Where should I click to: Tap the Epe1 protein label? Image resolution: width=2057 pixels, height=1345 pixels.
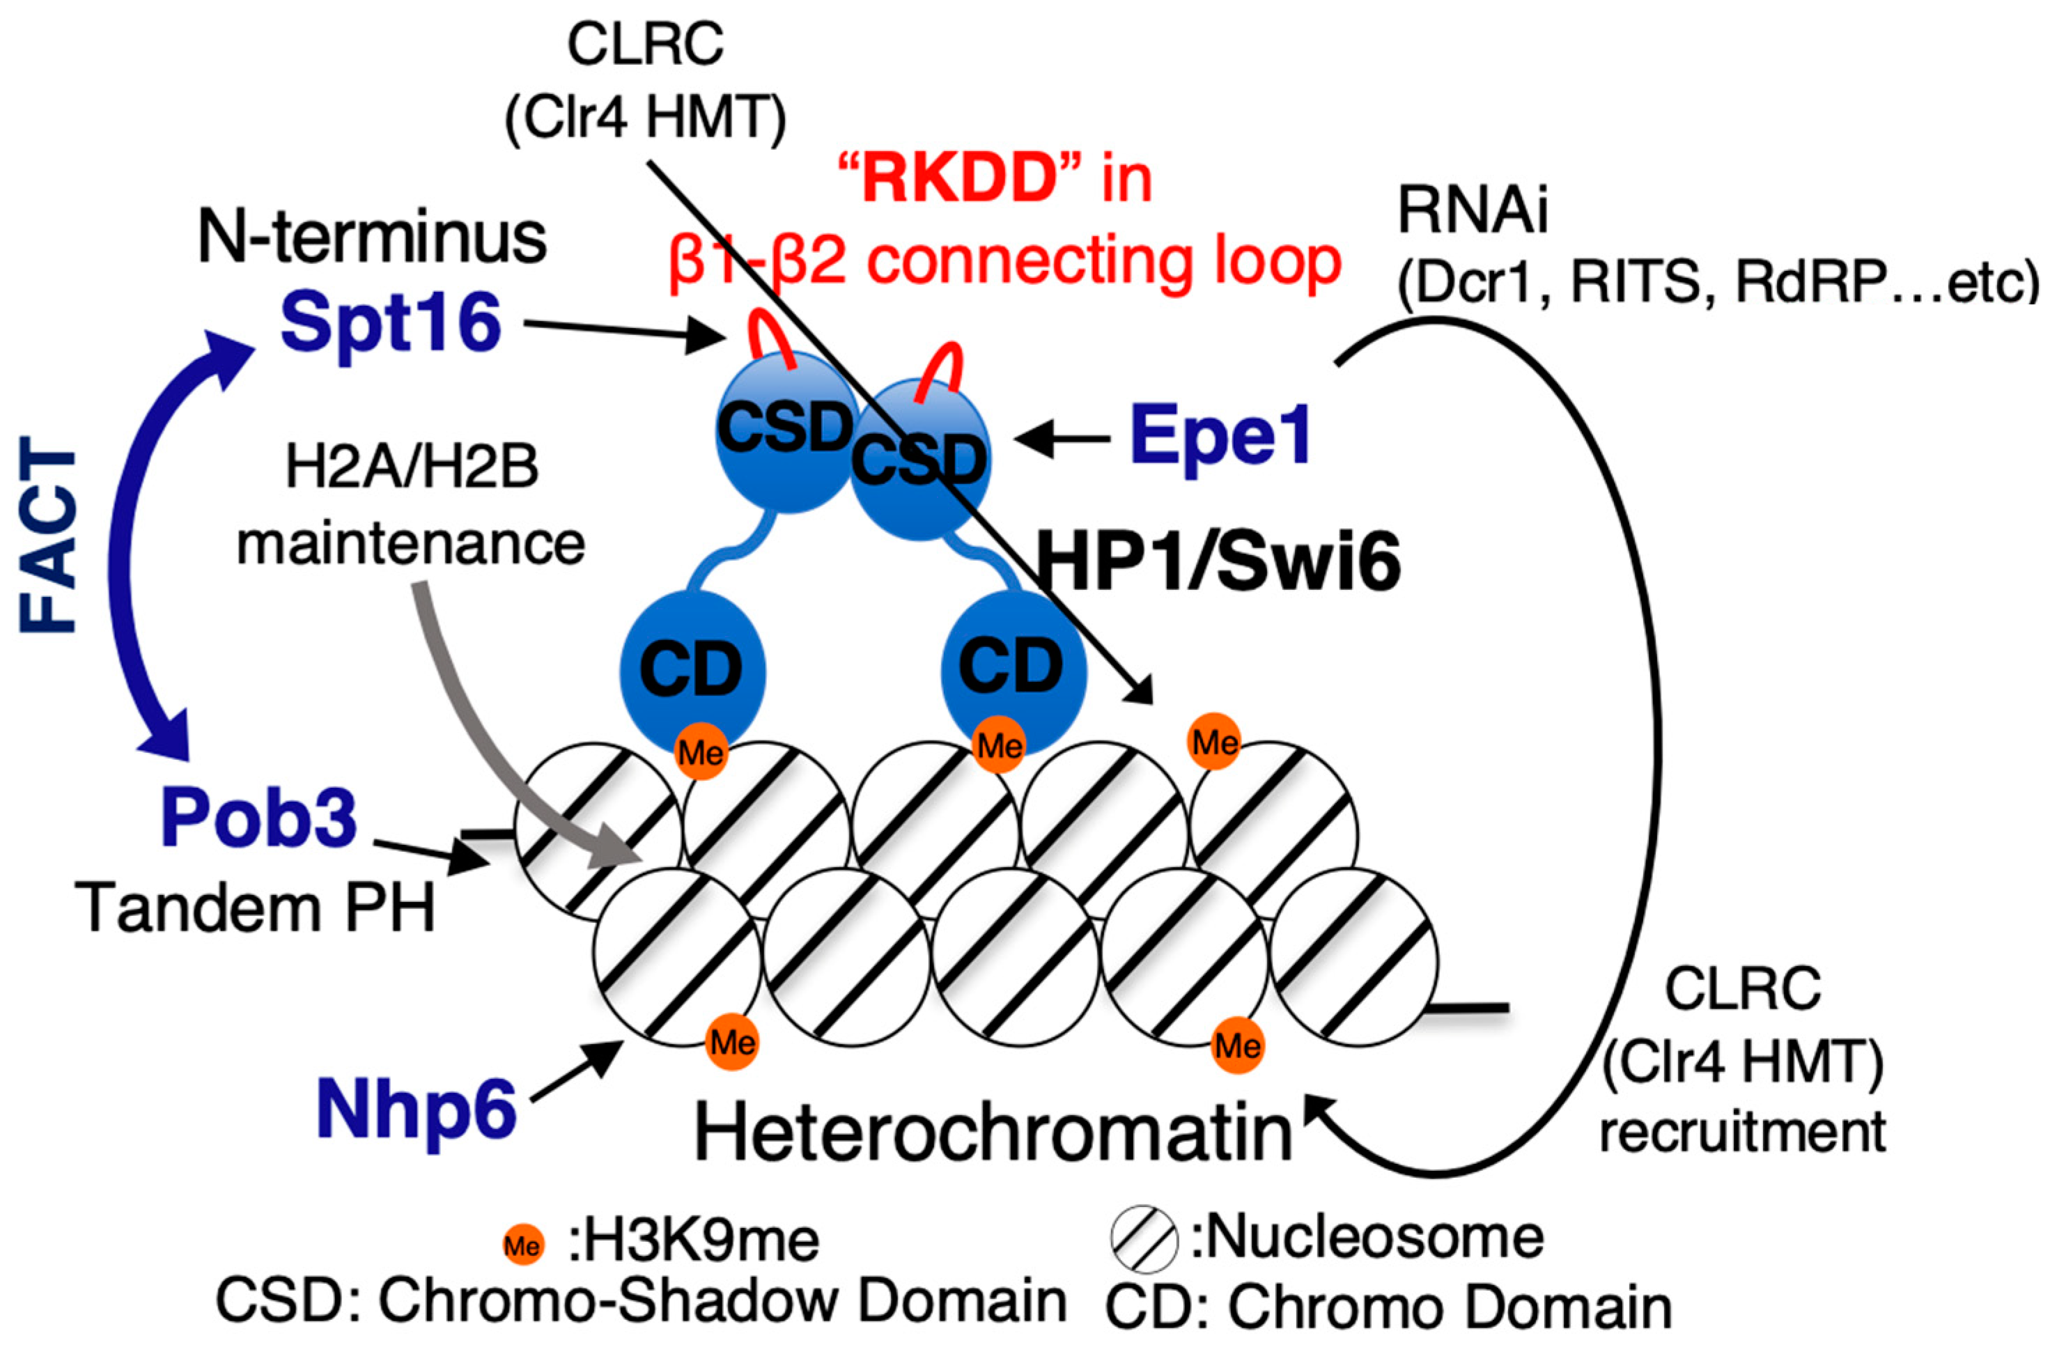click(1220, 437)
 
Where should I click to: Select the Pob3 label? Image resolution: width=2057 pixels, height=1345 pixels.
click(258, 817)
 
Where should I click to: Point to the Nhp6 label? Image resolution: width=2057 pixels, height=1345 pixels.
click(416, 1110)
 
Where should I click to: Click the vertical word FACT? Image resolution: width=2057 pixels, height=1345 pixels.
click(49, 535)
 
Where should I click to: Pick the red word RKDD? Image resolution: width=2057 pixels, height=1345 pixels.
click(962, 179)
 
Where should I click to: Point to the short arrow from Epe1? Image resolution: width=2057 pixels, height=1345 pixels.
click(1063, 439)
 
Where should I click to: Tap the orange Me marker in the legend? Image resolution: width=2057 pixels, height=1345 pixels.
click(523, 1245)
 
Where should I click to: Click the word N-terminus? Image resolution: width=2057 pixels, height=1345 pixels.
click(372, 237)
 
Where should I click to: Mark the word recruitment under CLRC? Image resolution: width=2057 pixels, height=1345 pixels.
click(1742, 1133)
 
